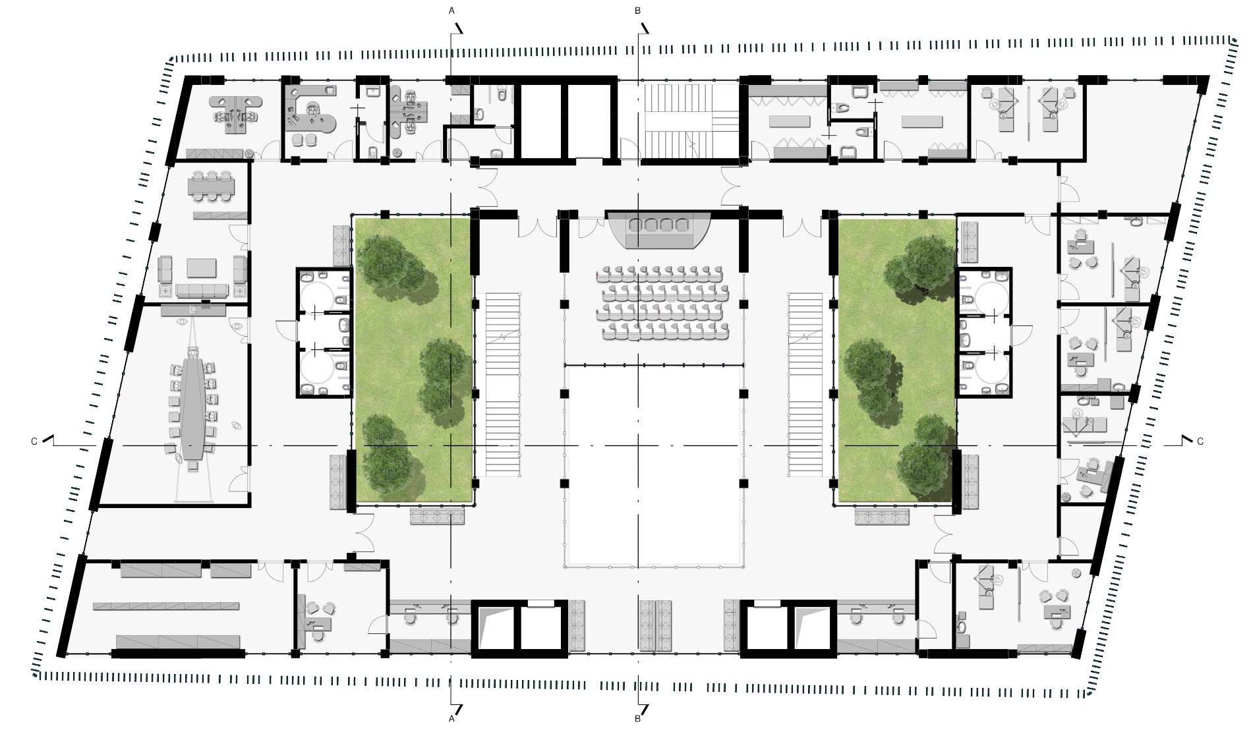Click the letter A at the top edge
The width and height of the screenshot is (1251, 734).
451,11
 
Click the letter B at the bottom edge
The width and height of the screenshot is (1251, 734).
637,719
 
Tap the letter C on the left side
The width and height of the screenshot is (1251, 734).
34,441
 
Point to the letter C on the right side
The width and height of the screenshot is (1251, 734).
1200,441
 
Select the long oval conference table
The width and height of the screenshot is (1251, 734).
192,409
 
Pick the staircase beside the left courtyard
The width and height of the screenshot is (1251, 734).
503,385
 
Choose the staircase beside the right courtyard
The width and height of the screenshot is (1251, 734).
806,385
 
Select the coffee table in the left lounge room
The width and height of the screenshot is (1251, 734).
202,268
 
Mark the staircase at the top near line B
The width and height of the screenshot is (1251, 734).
691,121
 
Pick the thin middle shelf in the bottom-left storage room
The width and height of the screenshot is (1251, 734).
166,606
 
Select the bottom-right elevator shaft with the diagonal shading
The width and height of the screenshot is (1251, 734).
813,628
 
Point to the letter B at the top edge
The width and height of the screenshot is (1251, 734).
637,11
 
